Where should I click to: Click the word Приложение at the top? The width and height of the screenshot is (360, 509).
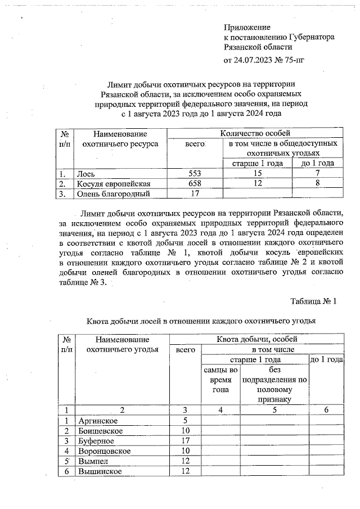pyautogui.click(x=247, y=27)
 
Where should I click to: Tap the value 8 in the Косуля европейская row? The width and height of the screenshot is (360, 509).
pyautogui.click(x=318, y=184)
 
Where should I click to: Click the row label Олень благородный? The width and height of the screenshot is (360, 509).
pyautogui.click(x=113, y=195)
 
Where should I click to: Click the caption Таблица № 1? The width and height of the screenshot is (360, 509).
pyautogui.click(x=313, y=301)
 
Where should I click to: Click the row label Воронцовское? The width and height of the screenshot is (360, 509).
pyautogui.click(x=105, y=451)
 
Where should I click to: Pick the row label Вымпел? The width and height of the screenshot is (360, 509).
pyautogui.click(x=94, y=461)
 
